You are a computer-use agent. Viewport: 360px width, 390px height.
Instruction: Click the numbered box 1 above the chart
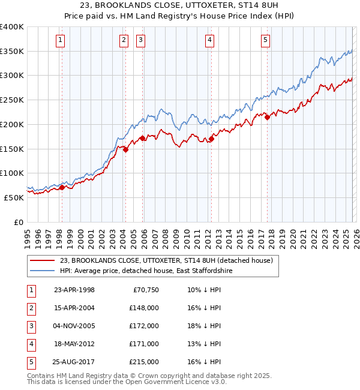[x=61, y=40]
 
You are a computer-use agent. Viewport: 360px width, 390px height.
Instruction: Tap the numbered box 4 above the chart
[x=210, y=40]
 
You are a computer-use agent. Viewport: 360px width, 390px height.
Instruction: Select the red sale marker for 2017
[x=267, y=117]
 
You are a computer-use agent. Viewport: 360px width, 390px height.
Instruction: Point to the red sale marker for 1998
[x=62, y=188]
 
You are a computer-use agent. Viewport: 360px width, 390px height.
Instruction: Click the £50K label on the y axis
[x=14, y=197]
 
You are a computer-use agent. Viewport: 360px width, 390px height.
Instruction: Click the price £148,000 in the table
[x=143, y=308]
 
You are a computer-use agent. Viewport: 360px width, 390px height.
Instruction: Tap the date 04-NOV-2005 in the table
[x=74, y=326]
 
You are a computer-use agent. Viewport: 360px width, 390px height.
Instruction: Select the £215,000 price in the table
[x=143, y=362]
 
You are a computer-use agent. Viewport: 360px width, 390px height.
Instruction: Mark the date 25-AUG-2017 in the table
[x=74, y=362]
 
